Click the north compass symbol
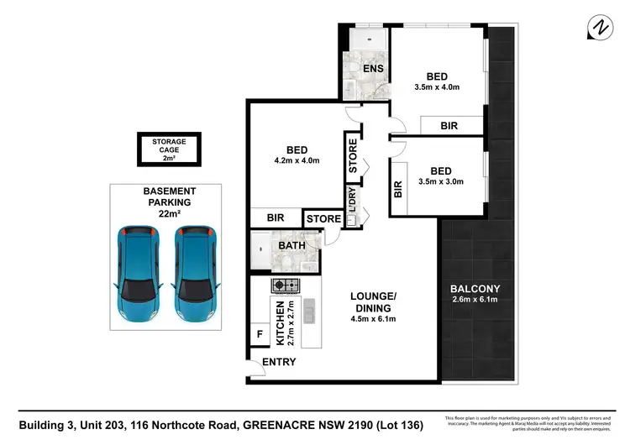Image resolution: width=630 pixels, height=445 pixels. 599,29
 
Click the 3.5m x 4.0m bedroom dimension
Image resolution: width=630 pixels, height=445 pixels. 437,86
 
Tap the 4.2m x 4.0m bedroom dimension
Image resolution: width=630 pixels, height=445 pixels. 297,161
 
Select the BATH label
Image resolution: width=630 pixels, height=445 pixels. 291,245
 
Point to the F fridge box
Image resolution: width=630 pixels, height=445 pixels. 258,335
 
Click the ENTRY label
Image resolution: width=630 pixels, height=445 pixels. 278,362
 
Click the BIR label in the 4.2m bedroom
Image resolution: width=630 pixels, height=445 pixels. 275,217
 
